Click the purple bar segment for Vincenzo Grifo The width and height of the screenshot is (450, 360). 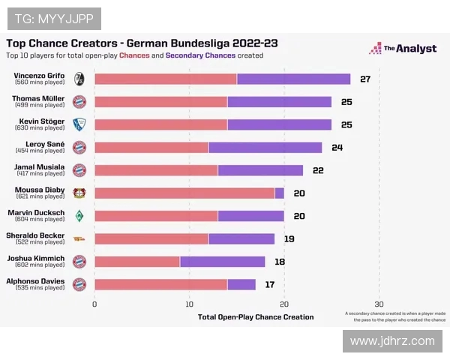coord(293,79)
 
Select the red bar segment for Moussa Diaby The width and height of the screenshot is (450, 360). coord(184,193)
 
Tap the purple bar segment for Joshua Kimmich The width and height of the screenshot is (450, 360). coord(222,261)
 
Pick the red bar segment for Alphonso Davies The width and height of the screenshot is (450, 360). coord(160,284)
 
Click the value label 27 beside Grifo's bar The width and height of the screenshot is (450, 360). coord(365,79)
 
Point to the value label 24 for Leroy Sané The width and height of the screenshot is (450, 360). coord(337,147)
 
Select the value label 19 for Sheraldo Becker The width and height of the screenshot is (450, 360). coord(289,238)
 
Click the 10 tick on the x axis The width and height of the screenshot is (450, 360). coord(189,304)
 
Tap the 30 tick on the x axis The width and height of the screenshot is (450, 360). coord(379,304)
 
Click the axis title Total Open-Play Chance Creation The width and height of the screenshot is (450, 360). coord(256,317)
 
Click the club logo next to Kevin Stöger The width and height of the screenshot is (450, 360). coord(79,124)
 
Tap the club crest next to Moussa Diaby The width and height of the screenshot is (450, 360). coord(79,193)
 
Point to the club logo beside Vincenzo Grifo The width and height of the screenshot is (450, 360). coord(79,79)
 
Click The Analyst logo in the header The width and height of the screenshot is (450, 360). coord(403,49)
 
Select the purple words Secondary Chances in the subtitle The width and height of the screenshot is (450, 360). coord(200,55)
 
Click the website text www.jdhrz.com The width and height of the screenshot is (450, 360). coord(392,341)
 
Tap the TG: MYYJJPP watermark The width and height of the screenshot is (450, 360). coord(52,19)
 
